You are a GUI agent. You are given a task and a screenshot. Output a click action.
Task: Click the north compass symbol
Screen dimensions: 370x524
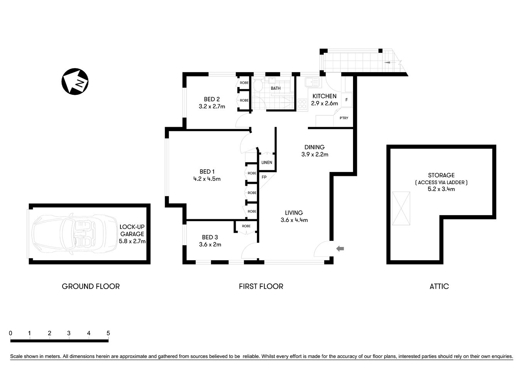75,82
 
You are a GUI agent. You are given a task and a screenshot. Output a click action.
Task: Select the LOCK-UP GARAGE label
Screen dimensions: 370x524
132,230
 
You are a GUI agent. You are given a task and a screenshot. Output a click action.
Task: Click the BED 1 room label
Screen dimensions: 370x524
207,172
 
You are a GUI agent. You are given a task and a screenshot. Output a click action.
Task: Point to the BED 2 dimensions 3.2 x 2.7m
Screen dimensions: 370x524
212,106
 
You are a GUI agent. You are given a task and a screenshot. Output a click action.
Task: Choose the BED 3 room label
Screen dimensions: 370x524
210,237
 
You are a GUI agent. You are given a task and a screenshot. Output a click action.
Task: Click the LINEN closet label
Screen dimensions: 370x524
267,163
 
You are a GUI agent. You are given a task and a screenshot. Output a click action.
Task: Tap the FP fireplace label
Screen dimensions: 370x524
264,177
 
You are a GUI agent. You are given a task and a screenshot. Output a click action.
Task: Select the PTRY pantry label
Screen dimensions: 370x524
343,118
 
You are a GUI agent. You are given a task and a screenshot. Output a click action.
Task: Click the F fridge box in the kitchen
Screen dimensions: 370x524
347,100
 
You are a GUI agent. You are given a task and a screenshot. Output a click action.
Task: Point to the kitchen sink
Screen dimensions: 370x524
311,82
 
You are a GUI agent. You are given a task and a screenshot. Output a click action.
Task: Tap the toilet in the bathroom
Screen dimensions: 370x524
258,86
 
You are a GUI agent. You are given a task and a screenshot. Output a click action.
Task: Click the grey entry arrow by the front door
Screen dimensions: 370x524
340,249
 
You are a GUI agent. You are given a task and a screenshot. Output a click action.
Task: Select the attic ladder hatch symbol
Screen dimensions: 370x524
401,209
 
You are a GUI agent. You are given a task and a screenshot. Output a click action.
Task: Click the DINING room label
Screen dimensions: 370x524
314,147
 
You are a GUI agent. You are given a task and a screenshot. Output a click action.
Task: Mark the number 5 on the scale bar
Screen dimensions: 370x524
108,333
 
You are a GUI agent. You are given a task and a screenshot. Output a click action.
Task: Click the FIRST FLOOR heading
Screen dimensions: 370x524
261,286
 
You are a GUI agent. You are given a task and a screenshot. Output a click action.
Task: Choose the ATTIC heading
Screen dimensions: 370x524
439,286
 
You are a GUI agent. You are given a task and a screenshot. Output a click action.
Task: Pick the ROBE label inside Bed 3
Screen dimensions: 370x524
246,226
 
